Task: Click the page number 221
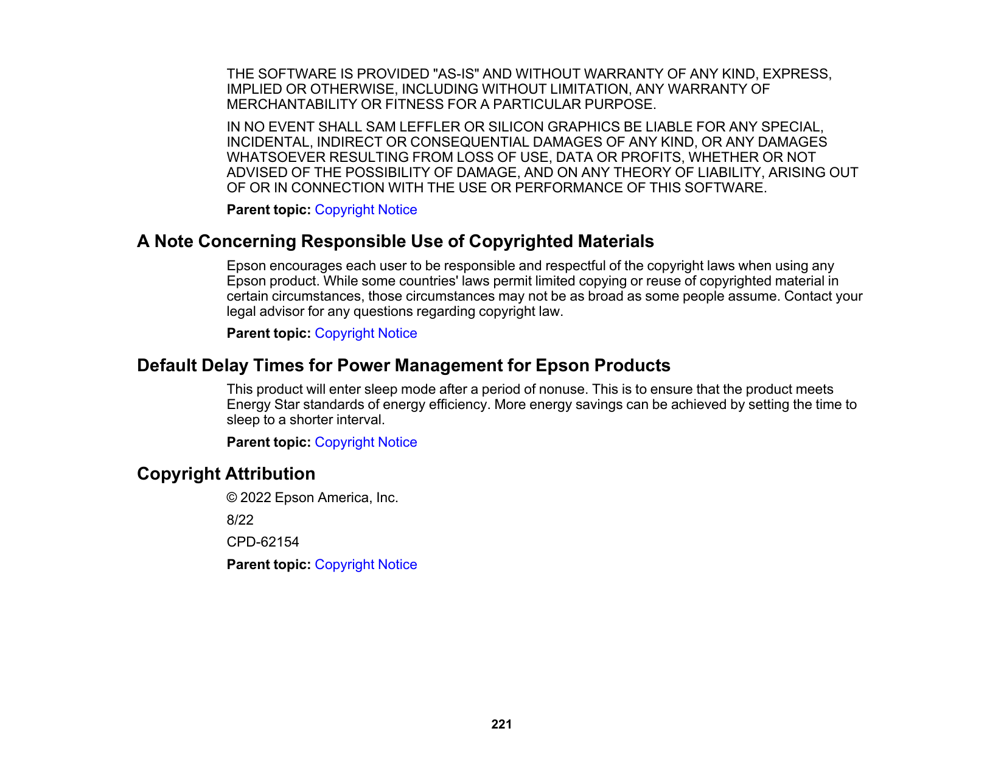[501, 724]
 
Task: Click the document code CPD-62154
[263, 542]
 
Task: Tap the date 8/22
[240, 520]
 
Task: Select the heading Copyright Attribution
[226, 474]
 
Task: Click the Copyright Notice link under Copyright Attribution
[366, 564]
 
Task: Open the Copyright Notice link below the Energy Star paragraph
[366, 442]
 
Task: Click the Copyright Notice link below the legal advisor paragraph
[366, 333]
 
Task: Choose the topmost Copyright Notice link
[366, 209]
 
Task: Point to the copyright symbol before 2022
[232, 498]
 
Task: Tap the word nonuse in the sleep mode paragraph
[561, 390]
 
